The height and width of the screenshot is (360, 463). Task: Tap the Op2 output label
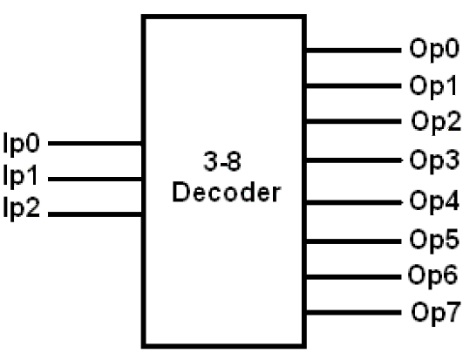tap(435, 121)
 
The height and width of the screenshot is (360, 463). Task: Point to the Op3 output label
tap(433, 160)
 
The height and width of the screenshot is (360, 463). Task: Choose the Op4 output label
tap(433, 200)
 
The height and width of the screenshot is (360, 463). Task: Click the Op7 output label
tap(433, 311)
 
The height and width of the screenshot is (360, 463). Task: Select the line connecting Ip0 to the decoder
tap(97, 141)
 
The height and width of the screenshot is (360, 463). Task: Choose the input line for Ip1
tap(97, 179)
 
